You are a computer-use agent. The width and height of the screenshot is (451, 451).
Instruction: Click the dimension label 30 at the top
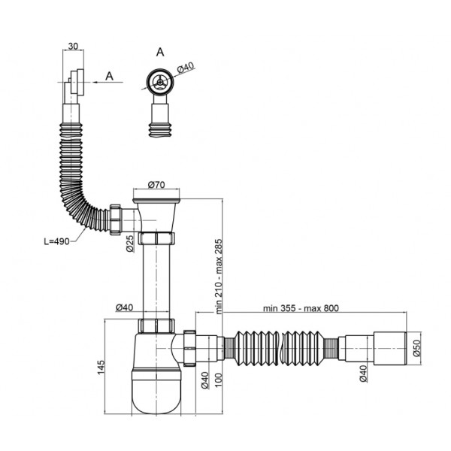pyautogui.click(x=74, y=46)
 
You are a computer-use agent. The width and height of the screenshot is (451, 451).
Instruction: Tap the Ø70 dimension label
pyautogui.click(x=156, y=185)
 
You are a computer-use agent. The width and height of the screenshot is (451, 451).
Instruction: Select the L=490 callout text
pyautogui.click(x=56, y=241)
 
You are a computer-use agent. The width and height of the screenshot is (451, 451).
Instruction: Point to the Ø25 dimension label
pyautogui.click(x=130, y=244)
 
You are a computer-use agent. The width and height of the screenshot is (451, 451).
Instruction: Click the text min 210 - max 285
pyautogui.click(x=219, y=277)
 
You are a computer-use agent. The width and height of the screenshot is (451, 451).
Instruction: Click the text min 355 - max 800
pyautogui.click(x=301, y=308)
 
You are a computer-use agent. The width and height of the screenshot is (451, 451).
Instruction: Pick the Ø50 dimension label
pyautogui.click(x=416, y=348)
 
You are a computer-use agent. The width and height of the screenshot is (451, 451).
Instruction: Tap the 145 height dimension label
pyautogui.click(x=101, y=367)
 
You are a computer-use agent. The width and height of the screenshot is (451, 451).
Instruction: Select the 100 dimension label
pyautogui.click(x=219, y=380)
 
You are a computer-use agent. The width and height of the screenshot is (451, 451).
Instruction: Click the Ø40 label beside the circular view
pyautogui.click(x=186, y=68)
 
